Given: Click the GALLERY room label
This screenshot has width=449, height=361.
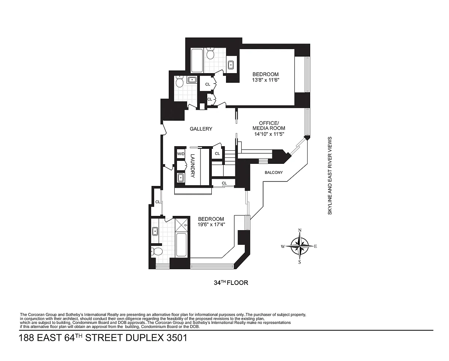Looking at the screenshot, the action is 201,129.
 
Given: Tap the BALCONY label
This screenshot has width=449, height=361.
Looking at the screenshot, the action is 274,172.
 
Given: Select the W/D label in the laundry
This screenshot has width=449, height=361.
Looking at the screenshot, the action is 181,154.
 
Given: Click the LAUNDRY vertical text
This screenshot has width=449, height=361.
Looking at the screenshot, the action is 192,166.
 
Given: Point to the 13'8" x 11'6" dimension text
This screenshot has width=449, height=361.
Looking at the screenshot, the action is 265,80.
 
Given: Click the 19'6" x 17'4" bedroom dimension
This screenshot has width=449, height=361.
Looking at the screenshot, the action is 211,225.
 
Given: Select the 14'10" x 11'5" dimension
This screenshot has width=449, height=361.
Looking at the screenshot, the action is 269,134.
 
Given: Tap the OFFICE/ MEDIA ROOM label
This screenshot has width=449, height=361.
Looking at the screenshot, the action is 269,126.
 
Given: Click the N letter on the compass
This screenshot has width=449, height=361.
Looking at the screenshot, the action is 300,230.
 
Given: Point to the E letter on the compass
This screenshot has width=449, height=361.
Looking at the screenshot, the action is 315,246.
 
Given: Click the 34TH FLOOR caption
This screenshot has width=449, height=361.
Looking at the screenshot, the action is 231,283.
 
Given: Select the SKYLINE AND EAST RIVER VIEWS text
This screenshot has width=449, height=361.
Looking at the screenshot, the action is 330,175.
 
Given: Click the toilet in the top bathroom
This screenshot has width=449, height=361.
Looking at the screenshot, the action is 210,53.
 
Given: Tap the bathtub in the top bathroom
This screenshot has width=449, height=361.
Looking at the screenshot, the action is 197,61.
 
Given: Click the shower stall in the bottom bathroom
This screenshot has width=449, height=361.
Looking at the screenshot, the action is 181,225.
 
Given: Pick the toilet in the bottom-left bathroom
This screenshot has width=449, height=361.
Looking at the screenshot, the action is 156,251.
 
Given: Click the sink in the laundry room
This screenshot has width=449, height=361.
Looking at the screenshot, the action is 180,178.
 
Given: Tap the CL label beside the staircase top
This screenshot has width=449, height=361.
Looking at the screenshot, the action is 217,153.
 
